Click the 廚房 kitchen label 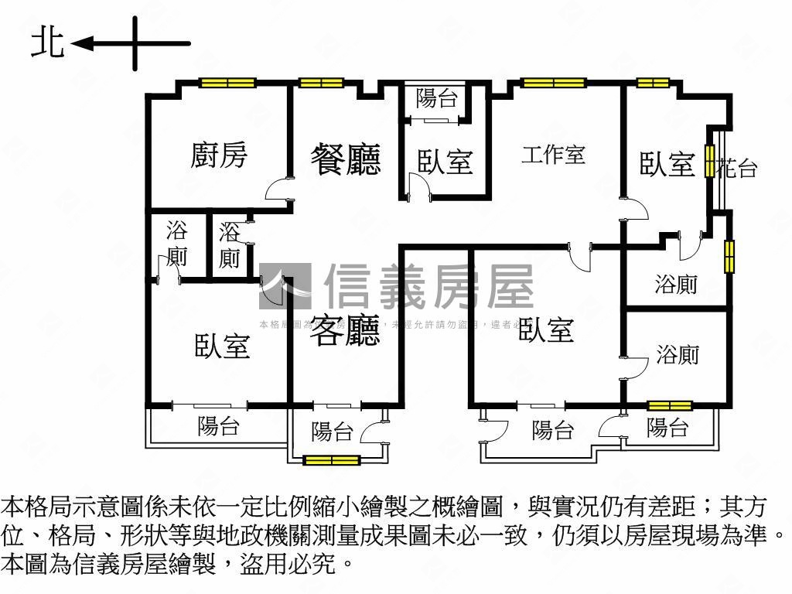[x=220, y=155]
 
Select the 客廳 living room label [x=346, y=330]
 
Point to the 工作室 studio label [x=553, y=154]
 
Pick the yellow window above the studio [x=554, y=83]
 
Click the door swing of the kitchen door [x=278, y=189]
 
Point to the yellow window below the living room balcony [x=332, y=460]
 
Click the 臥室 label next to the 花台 [x=667, y=164]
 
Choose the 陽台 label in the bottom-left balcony [x=218, y=425]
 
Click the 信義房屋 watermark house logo [x=285, y=286]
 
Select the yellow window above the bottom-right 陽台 [x=669, y=405]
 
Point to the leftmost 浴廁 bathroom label [x=177, y=243]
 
